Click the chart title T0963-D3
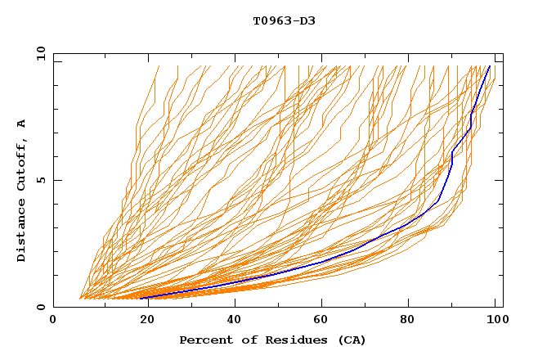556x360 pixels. point(284,20)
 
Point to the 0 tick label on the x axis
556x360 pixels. point(53,320)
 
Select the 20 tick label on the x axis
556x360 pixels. point(143,320)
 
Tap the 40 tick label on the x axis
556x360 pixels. point(233,320)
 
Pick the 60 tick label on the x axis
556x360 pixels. point(323,320)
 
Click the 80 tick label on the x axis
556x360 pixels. point(412,320)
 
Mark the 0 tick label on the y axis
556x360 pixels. point(41,308)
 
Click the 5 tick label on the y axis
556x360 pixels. point(41,180)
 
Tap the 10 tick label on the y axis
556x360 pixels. point(38,53)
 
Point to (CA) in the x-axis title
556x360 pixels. point(350,340)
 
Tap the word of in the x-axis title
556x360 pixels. point(246,340)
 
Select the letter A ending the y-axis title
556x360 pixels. point(21,124)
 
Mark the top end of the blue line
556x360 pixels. point(490,66)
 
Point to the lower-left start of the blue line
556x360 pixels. point(144,298)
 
